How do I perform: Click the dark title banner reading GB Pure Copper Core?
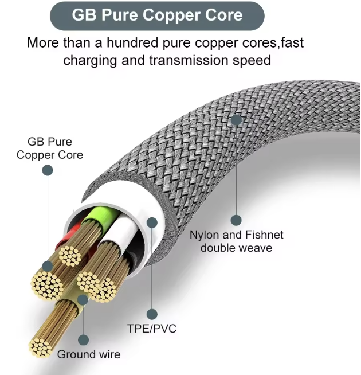[158, 15]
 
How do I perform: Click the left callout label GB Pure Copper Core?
[49, 148]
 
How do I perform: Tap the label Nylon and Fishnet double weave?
[236, 241]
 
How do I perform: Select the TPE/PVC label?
[151, 329]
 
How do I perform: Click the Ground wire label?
[89, 354]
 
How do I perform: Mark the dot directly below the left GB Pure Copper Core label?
[48, 170]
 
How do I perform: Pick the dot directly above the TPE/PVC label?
[152, 314]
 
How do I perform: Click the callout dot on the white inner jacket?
[152, 222]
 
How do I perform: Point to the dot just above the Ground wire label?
[84, 339]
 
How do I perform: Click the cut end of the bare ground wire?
[40, 346]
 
